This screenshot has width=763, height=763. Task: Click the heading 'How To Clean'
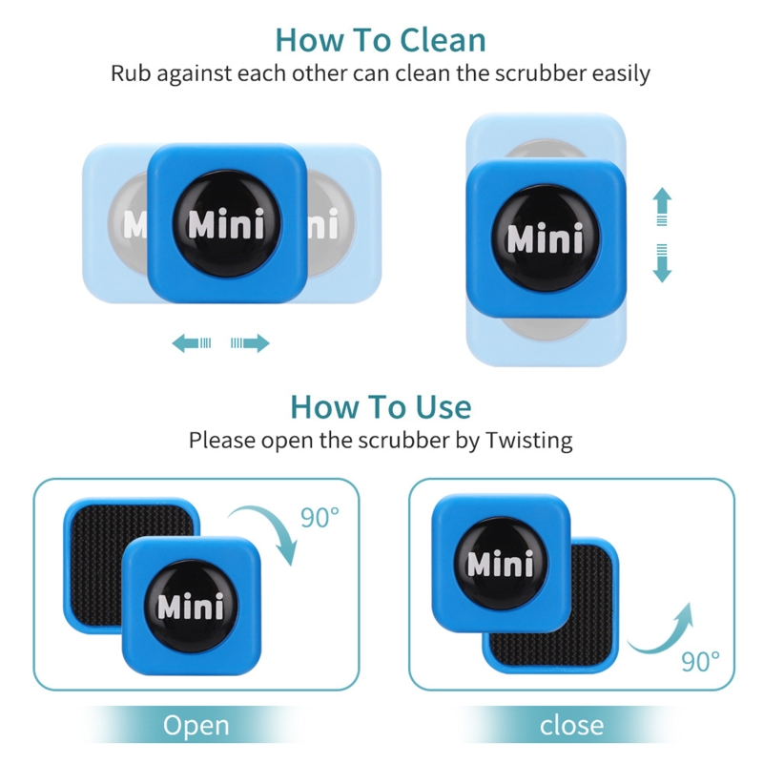point(381,40)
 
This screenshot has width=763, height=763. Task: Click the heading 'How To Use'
point(381,407)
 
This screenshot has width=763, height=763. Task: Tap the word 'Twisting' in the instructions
point(528,441)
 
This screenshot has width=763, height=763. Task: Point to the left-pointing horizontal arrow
point(191,343)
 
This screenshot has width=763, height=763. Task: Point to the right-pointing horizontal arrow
point(251,343)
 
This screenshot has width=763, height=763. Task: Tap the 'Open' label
point(196,726)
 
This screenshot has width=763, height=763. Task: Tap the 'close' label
point(572,726)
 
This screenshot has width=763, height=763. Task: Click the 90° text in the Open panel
point(320,518)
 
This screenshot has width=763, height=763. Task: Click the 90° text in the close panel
point(701,660)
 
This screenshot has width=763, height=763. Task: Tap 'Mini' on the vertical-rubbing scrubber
point(545,237)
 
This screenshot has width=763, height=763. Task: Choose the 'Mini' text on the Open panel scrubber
point(190,606)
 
